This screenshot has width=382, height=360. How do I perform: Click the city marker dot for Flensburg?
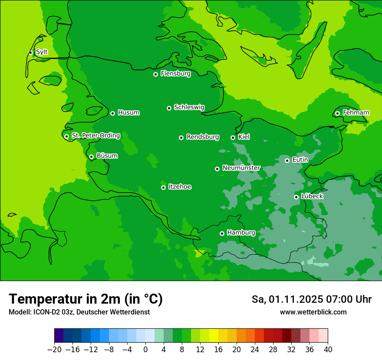tap(155, 74)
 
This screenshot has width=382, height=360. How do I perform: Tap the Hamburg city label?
tap(241, 232)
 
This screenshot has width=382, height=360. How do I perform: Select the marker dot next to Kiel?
tap(233, 137)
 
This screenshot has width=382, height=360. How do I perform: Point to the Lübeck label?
tap(312, 196)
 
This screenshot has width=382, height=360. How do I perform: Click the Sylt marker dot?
tap(30, 52)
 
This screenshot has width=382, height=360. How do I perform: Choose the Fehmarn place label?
tap(356, 113)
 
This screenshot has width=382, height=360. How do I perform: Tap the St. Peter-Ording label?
tap(95, 135)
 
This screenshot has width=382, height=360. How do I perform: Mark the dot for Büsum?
tap(91, 157)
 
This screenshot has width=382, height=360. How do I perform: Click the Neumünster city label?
tap(241, 168)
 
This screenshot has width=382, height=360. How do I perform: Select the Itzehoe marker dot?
tap(163, 187)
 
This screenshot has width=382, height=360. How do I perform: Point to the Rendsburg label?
tap(203, 137)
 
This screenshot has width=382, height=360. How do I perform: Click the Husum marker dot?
tap(112, 113)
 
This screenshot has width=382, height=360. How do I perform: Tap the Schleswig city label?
tap(189, 107)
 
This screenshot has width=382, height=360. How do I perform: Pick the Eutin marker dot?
tap(287, 160)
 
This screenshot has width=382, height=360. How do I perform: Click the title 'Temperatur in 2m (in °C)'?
tap(86, 299)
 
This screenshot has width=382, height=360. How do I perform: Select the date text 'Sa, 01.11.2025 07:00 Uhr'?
tap(311, 299)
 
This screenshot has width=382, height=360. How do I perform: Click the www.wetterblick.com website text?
tap(313, 312)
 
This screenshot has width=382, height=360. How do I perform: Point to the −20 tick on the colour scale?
tap(55, 350)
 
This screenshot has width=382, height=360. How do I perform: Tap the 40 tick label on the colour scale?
tap(328, 350)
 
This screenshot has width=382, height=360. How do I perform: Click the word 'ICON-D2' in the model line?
tap(43, 312)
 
